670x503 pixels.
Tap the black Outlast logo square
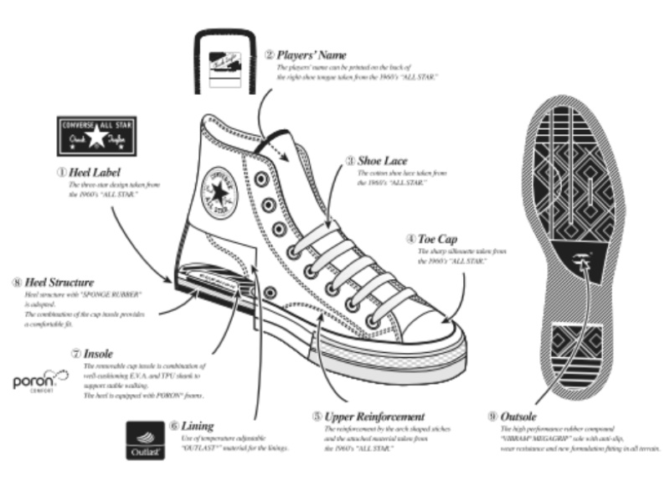[142, 440]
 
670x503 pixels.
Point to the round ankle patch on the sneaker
[219, 193]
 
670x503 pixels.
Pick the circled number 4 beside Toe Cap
[411, 238]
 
